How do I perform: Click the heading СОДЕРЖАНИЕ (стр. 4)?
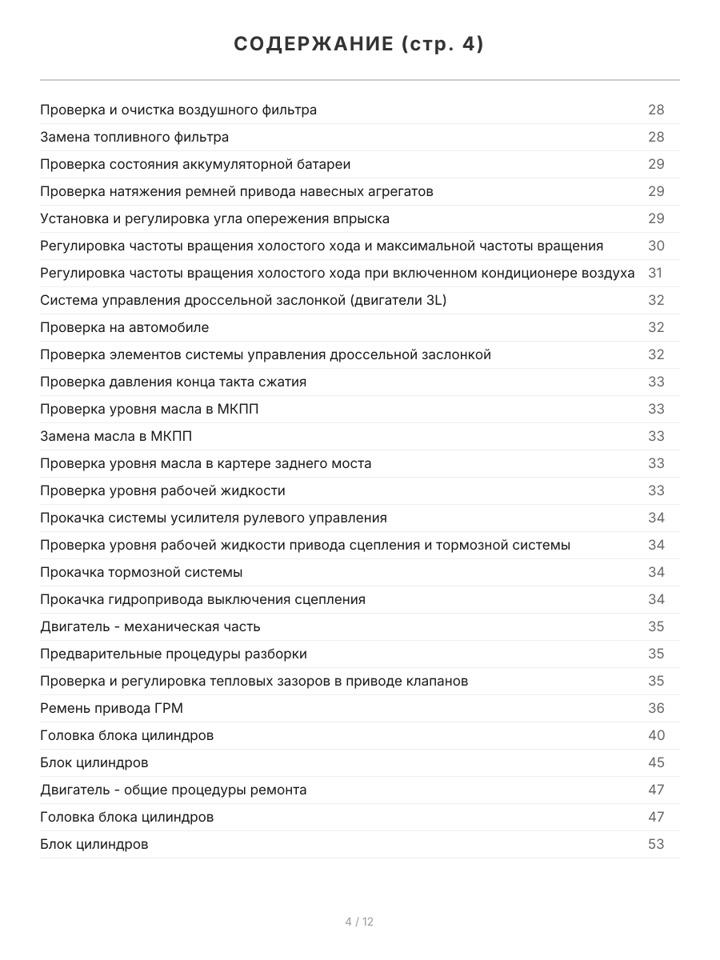pos(359,45)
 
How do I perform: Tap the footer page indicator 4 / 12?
pos(359,922)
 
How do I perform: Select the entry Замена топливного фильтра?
pos(134,137)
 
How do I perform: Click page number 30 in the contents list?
pos(656,246)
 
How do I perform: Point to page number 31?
pos(656,273)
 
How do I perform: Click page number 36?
pos(656,708)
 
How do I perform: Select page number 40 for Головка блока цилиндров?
pos(656,735)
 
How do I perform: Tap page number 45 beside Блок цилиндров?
pos(656,762)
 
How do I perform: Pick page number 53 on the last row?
pos(656,844)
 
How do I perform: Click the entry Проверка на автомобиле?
pos(125,327)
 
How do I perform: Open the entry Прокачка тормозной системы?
pos(142,572)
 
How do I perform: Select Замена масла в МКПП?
pos(116,436)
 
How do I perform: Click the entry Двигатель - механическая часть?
pos(150,626)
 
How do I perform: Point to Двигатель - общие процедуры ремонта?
pos(174,790)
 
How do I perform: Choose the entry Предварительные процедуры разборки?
pos(174,654)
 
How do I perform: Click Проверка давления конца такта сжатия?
pos(174,382)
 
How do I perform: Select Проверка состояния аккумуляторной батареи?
pos(195,164)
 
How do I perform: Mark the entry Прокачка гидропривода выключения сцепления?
pos(203,599)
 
